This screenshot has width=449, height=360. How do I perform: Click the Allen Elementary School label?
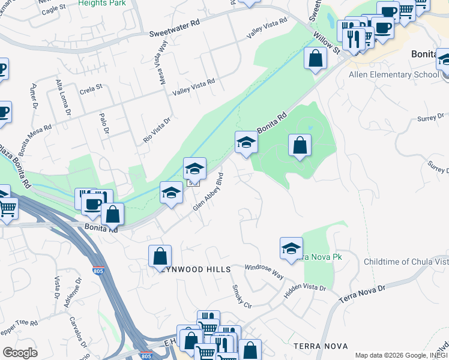click(x=394, y=75)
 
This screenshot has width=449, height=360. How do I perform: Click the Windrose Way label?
click(x=264, y=270)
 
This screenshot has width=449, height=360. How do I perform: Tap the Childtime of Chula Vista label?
click(x=406, y=262)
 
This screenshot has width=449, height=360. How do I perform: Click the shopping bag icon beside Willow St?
click(x=315, y=59)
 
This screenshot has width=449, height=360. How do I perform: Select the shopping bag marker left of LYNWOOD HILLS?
click(x=160, y=256)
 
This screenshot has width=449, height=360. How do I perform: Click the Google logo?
click(x=20, y=352)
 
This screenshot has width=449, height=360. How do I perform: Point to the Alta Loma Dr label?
click(x=64, y=100)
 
